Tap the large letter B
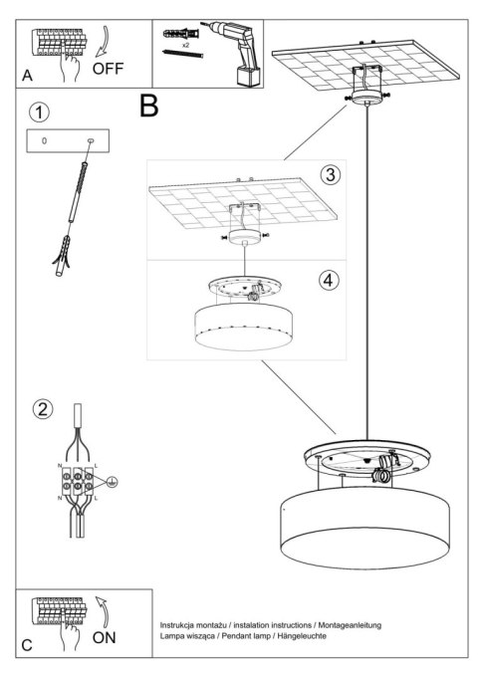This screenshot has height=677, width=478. point(150,107)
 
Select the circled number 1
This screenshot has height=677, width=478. point(38,112)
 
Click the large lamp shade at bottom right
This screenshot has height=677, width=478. point(367,523)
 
